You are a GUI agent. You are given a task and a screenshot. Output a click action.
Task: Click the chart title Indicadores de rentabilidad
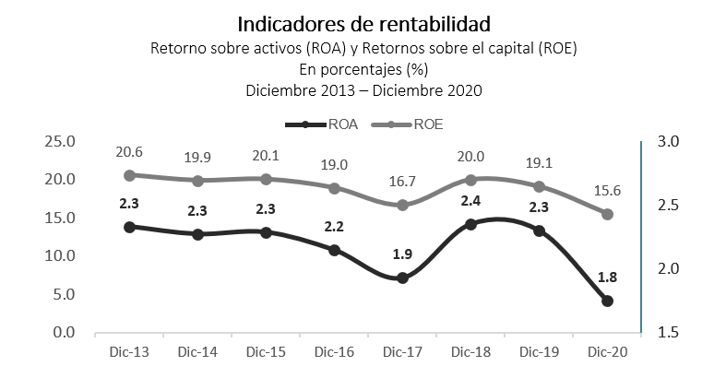pyautogui.click(x=363, y=22)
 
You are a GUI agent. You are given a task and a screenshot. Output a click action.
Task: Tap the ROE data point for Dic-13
pyautogui.click(x=130, y=175)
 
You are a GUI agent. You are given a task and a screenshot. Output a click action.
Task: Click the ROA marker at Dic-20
pyautogui.click(x=608, y=301)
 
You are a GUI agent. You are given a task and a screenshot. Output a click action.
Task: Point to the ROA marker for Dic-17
pyautogui.click(x=403, y=278)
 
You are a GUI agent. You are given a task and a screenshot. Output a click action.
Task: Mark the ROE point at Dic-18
pyautogui.click(x=471, y=180)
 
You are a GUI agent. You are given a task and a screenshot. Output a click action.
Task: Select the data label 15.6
pyautogui.click(x=608, y=190)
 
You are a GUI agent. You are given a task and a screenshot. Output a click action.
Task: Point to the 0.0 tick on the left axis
pyautogui.click(x=64, y=332)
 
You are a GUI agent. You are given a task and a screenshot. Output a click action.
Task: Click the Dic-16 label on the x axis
pyautogui.click(x=335, y=351)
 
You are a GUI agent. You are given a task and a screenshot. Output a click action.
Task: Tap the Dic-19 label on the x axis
pyautogui.click(x=540, y=351)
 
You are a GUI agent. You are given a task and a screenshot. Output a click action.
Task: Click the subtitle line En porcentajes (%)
pyautogui.click(x=363, y=69)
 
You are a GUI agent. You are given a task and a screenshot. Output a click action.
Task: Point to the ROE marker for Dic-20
pyautogui.click(x=608, y=214)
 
